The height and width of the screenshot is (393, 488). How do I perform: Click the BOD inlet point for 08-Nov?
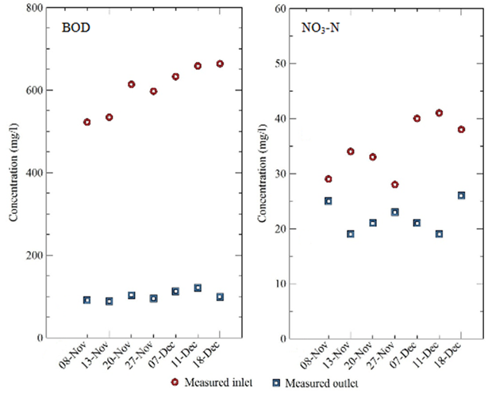click(x=87, y=122)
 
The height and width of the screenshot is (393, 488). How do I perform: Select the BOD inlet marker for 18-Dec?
click(x=220, y=64)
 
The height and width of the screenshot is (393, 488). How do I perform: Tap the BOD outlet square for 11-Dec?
click(x=198, y=288)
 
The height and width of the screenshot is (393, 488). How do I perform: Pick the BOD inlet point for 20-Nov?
click(x=132, y=85)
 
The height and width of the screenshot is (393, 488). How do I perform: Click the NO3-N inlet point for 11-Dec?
click(x=439, y=113)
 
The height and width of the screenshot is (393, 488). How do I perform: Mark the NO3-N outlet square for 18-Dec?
click(x=461, y=196)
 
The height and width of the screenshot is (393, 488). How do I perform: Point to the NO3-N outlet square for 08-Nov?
click(x=328, y=201)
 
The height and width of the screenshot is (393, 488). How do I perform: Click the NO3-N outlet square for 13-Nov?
click(x=350, y=234)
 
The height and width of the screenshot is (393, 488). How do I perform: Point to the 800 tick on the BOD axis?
click(x=33, y=9)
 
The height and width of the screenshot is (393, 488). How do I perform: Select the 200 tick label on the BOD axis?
click(x=33, y=255)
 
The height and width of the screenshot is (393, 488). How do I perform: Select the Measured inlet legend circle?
click(x=174, y=383)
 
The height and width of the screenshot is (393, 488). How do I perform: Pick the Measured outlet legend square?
click(x=277, y=383)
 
